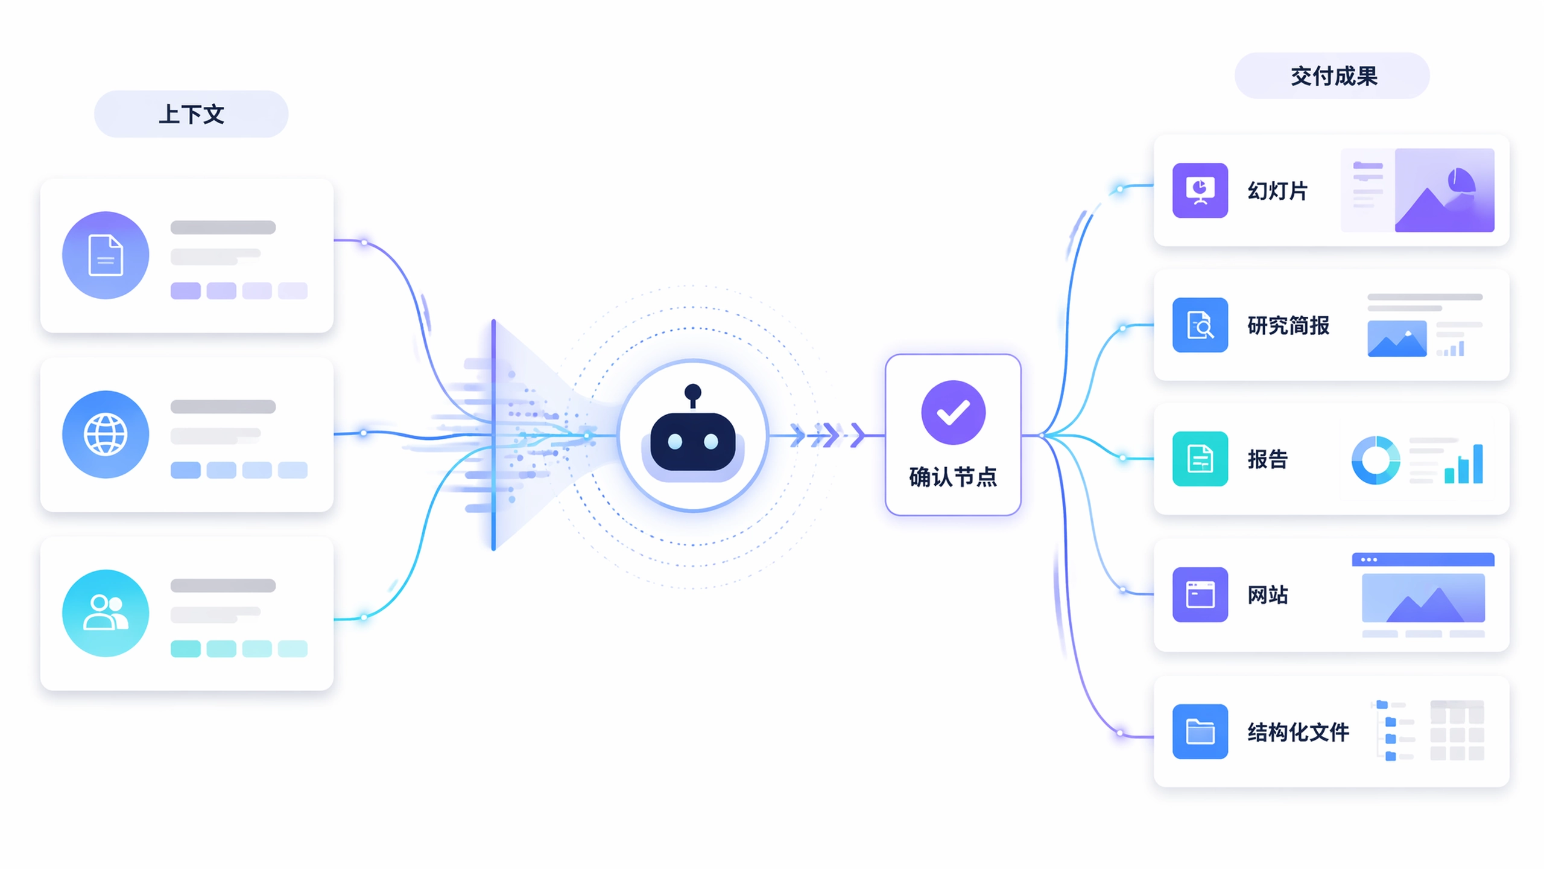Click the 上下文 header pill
pyautogui.click(x=191, y=114)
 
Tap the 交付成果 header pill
pyautogui.click(x=1332, y=76)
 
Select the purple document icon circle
pyautogui.click(x=106, y=255)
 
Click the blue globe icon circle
pyautogui.click(x=106, y=434)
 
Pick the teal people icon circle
pyautogui.click(x=106, y=613)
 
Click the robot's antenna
pyautogui.click(x=693, y=395)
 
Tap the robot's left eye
pyautogui.click(x=675, y=442)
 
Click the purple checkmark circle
pyautogui.click(x=953, y=413)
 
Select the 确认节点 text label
pyautogui.click(x=953, y=477)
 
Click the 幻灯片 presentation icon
pyautogui.click(x=1200, y=190)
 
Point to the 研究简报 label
pyautogui.click(x=1288, y=325)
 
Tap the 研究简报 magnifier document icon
pyautogui.click(x=1200, y=325)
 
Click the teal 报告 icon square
pyautogui.click(x=1200, y=459)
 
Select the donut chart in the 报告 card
pyautogui.click(x=1376, y=460)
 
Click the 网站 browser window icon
pyautogui.click(x=1200, y=594)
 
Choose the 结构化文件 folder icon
pyautogui.click(x=1200, y=731)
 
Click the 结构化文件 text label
pyautogui.click(x=1298, y=732)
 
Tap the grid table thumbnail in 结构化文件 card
pyautogui.click(x=1457, y=730)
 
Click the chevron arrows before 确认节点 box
pyautogui.click(x=827, y=435)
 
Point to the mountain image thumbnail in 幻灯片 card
pyautogui.click(x=1444, y=190)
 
